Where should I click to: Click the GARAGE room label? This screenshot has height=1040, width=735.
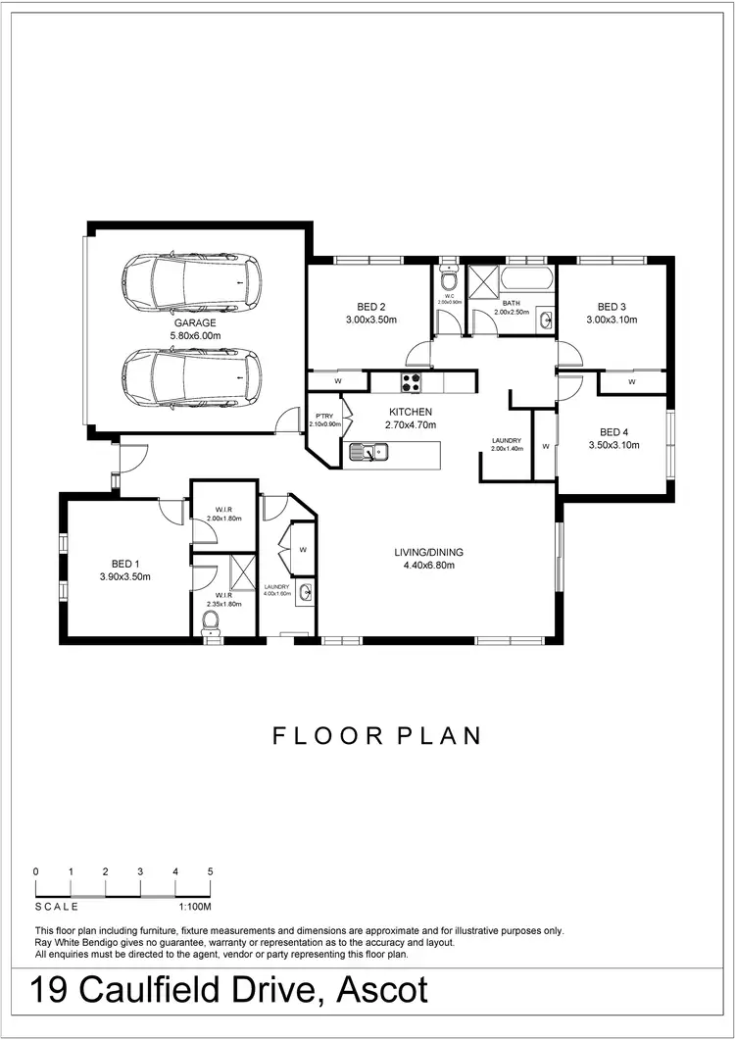coord(195,322)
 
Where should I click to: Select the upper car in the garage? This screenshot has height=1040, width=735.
coord(191,281)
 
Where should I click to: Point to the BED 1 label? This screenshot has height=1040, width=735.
coord(124,564)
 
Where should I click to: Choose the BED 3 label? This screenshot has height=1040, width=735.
coord(612,306)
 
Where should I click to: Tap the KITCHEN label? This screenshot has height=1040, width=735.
coord(410,412)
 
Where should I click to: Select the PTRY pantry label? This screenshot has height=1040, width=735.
coord(323,415)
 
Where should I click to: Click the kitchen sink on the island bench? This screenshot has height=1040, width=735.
coord(368,451)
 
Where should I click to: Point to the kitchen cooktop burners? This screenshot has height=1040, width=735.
coord(409,381)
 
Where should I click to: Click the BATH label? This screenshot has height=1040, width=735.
coord(512,303)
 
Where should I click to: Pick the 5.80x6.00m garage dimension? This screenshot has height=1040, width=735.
coord(195,335)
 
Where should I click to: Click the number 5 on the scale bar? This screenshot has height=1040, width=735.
coord(210,871)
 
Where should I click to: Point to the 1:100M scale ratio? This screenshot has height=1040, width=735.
coord(195,907)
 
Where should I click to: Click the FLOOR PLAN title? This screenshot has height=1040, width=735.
coord(376,736)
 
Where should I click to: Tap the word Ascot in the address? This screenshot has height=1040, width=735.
coord(382,990)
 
